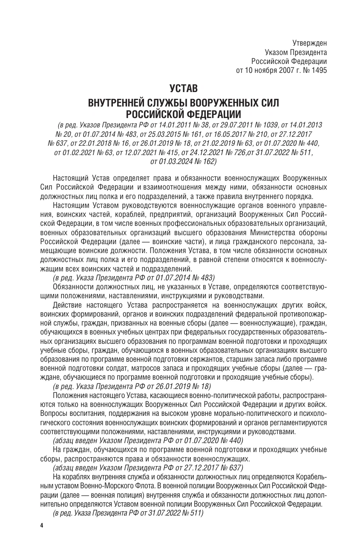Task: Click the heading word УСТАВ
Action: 183,89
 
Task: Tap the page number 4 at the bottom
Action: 42,526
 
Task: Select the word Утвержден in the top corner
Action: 309,43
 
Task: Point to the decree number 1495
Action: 318,71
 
